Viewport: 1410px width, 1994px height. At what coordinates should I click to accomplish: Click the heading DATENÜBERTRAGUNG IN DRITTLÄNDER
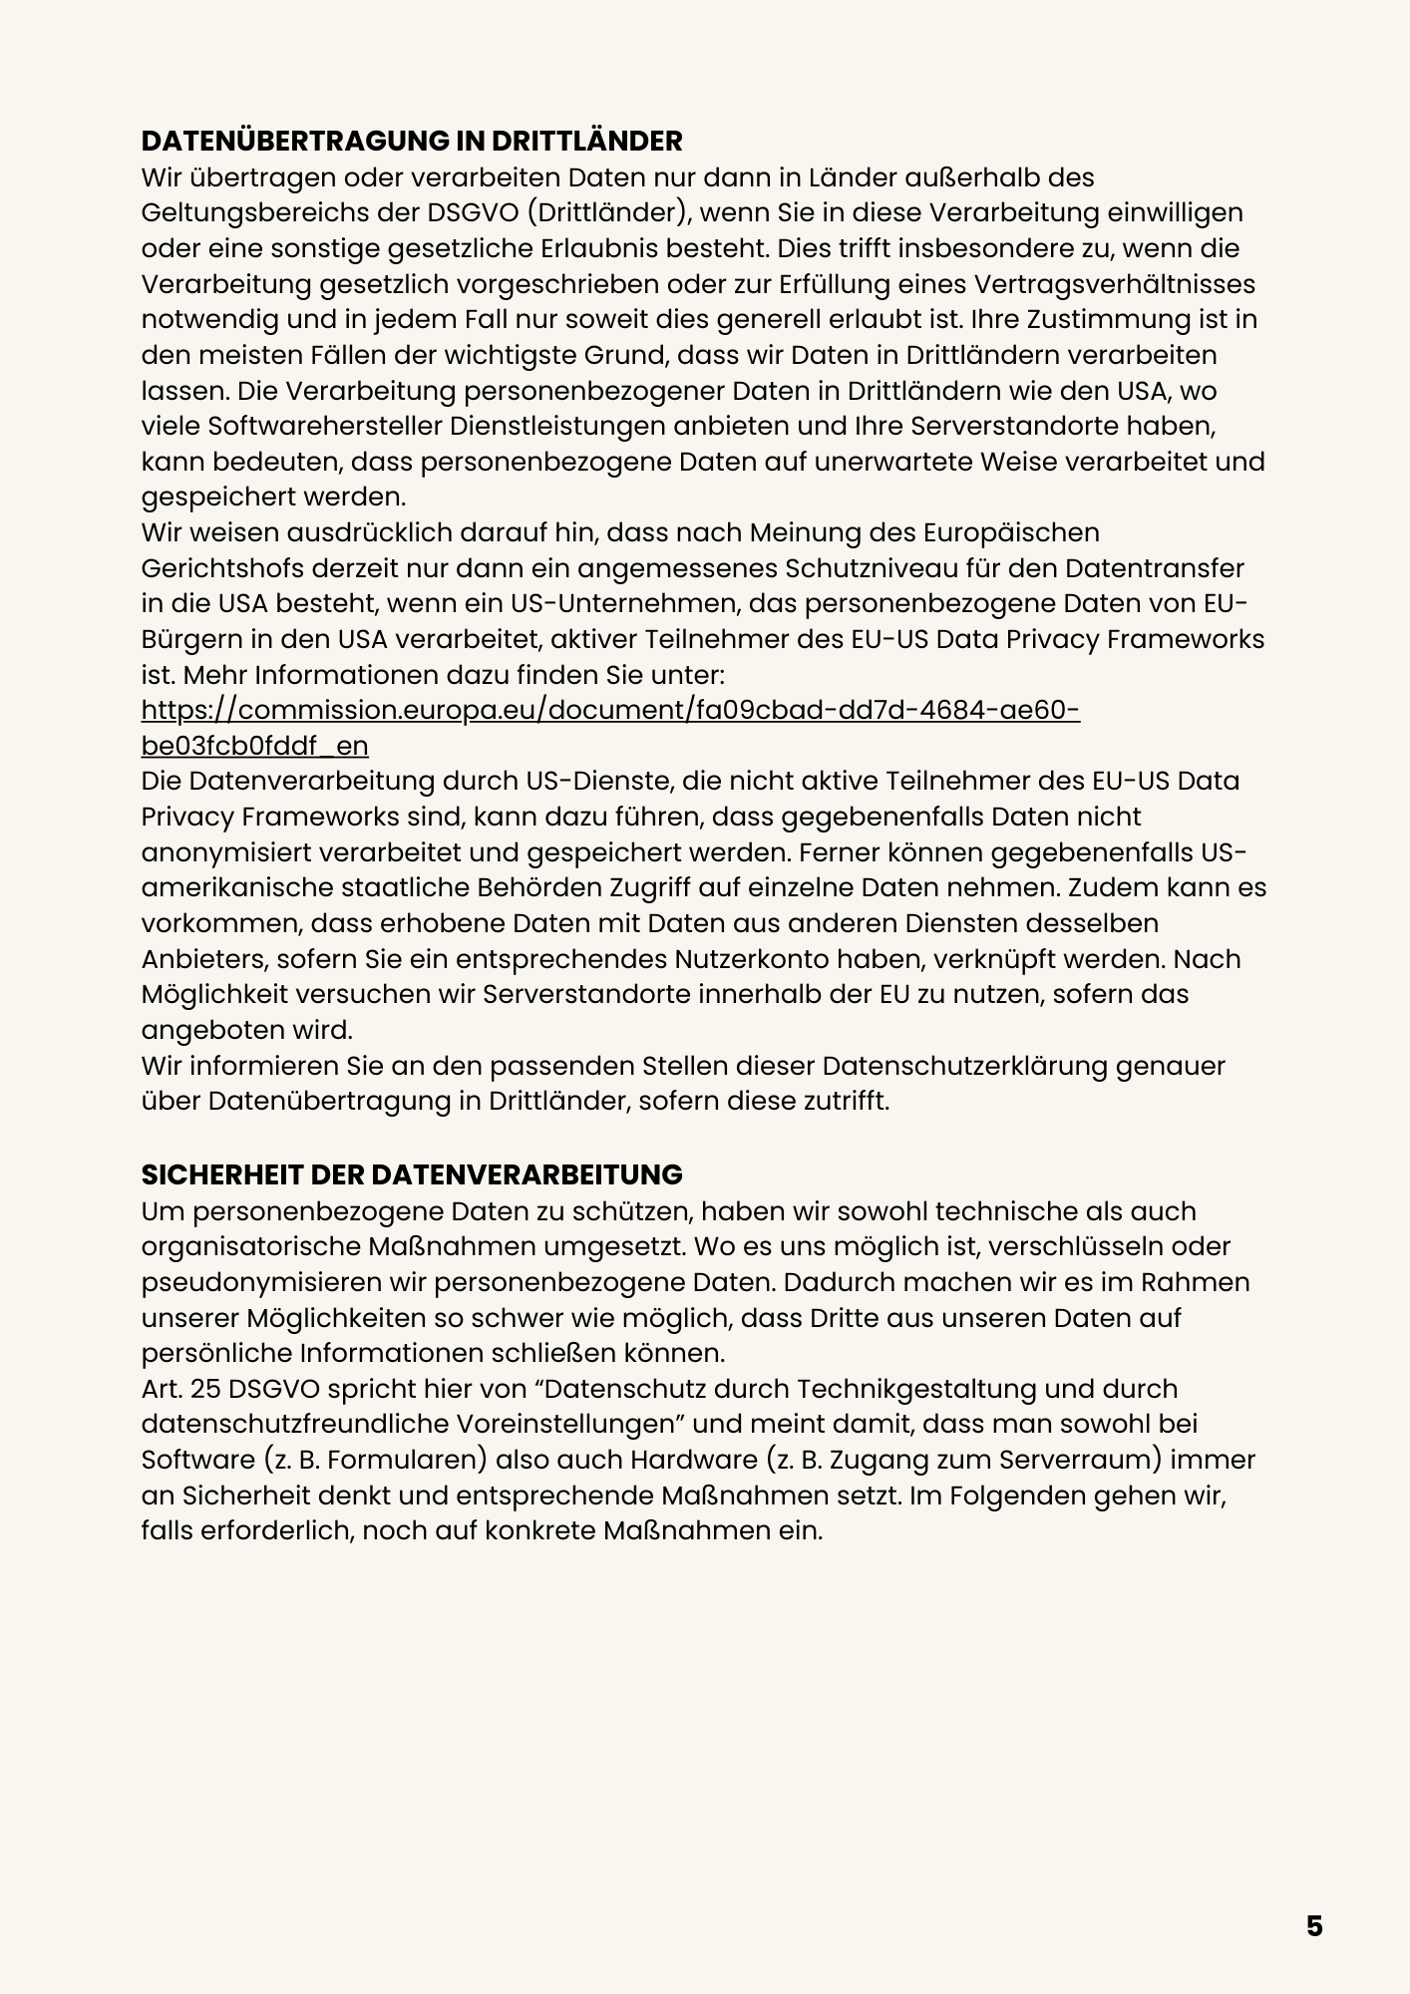pyautogui.click(x=412, y=141)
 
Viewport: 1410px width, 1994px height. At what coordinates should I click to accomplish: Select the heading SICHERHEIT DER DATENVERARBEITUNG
pyautogui.click(x=412, y=1174)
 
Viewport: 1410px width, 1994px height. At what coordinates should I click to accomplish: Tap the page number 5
pyautogui.click(x=1314, y=1926)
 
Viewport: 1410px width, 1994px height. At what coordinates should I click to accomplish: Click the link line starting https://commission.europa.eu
pyautogui.click(x=610, y=710)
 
